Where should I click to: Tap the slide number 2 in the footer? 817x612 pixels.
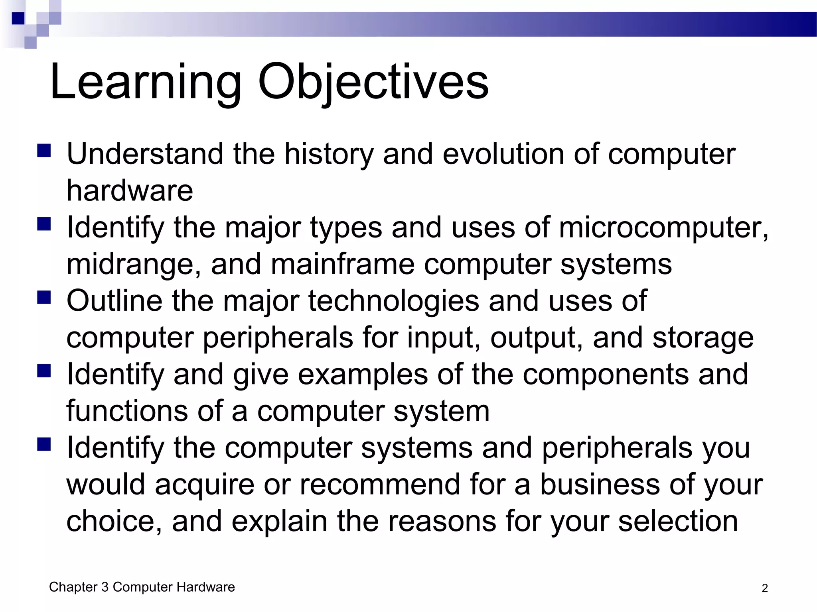tap(764, 588)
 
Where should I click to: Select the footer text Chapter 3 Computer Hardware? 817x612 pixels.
tap(142, 587)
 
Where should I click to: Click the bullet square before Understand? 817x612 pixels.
tap(44, 151)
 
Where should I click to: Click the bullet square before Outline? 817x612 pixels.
tap(44, 297)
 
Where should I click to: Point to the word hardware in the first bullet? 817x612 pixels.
tap(130, 190)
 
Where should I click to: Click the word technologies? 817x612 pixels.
tap(393, 301)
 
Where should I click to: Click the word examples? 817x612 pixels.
tap(363, 375)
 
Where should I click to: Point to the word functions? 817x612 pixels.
tap(127, 411)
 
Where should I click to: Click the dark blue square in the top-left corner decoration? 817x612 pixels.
tap(18, 18)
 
